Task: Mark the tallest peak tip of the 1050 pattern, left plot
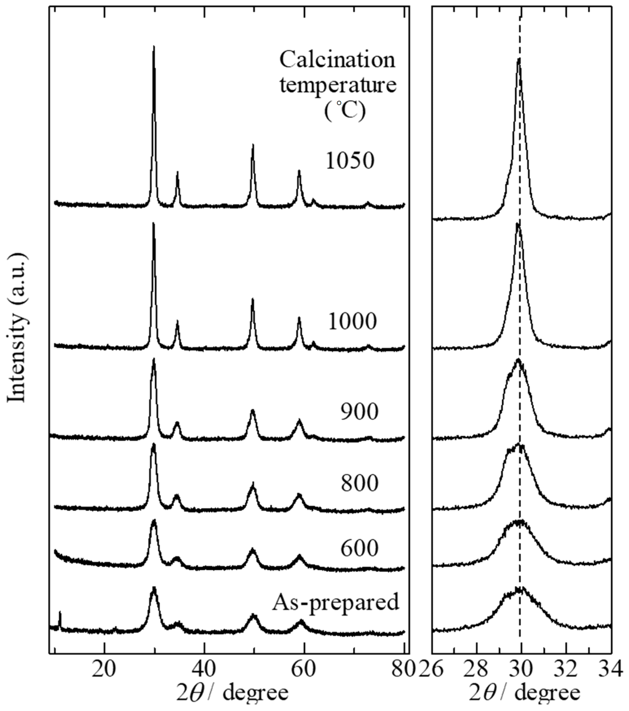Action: click(x=153, y=46)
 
